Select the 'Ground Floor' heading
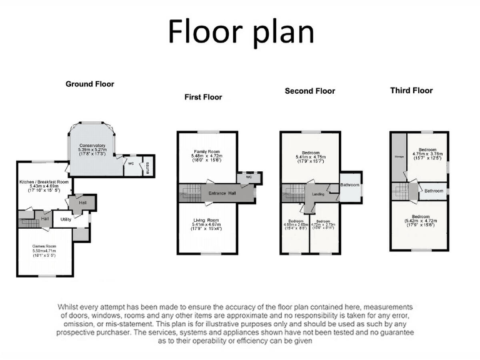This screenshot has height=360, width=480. click(90, 84)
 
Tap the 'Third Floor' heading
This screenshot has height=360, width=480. click(411, 91)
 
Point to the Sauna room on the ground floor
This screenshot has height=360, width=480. click(147, 166)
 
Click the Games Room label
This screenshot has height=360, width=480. click(45, 246)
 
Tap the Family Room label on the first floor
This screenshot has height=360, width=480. click(207, 152)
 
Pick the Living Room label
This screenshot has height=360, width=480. click(207, 220)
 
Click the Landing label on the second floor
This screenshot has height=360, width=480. click(318, 194)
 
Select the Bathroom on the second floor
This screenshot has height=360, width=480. click(349, 185)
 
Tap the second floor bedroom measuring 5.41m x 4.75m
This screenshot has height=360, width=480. click(310, 153)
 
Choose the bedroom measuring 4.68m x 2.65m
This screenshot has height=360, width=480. click(296, 221)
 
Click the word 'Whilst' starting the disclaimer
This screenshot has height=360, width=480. click(70, 307)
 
